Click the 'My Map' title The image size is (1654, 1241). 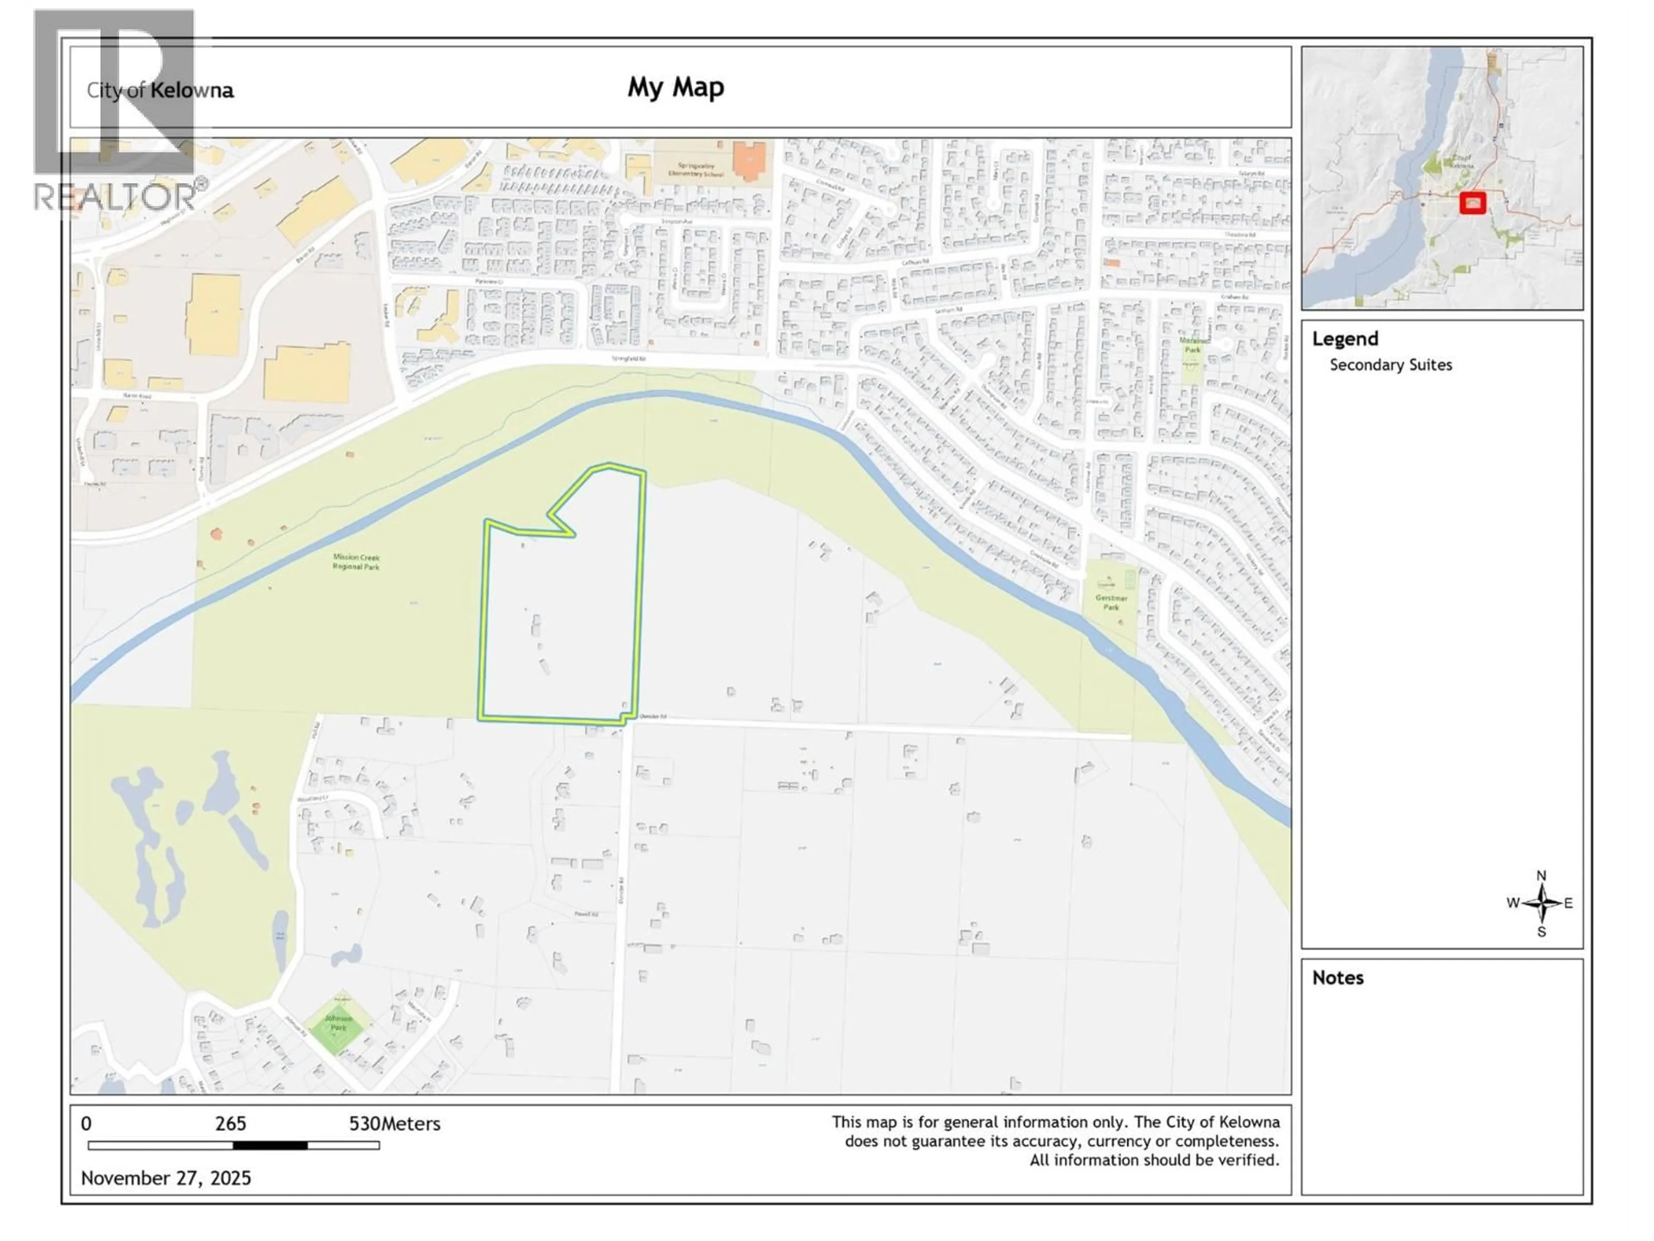click(675, 87)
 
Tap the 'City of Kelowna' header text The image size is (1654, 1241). click(160, 90)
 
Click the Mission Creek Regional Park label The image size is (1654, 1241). click(356, 562)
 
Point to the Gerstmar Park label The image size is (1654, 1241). click(1111, 602)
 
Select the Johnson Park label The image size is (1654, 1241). click(339, 1023)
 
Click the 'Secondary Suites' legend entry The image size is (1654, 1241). click(1390, 365)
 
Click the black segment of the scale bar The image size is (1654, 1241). click(270, 1145)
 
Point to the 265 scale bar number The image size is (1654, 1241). click(230, 1123)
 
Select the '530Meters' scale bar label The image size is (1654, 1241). click(394, 1123)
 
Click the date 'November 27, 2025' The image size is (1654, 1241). click(166, 1178)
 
